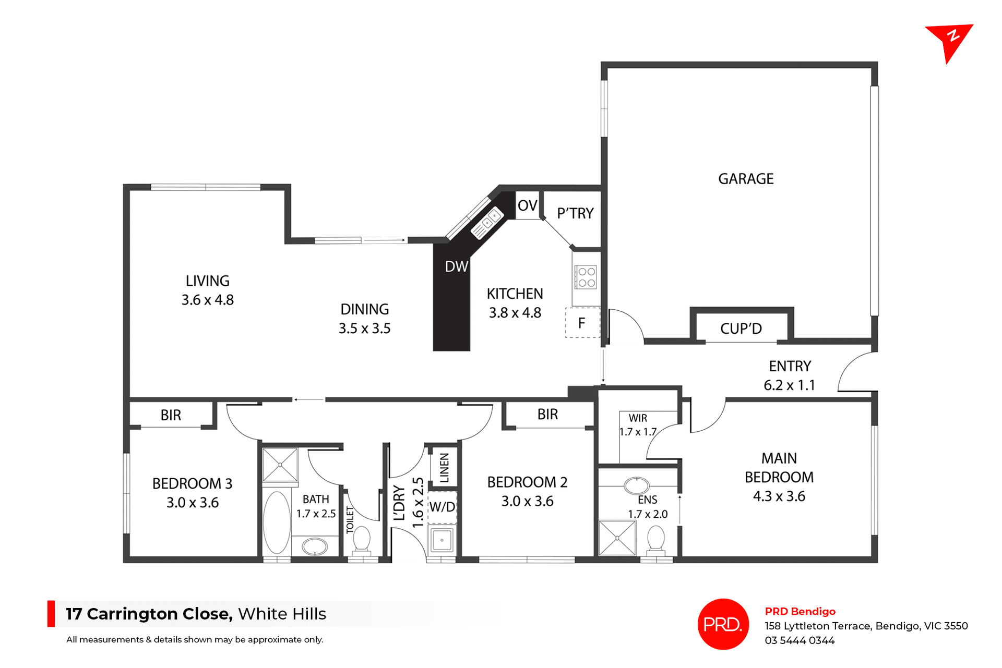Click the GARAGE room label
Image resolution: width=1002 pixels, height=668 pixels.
pyautogui.click(x=745, y=179)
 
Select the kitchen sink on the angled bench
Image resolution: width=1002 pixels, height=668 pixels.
pyautogui.click(x=487, y=223)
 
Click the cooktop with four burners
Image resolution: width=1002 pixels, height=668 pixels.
pyautogui.click(x=586, y=277)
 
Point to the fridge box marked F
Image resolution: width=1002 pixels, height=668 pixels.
pyautogui.click(x=582, y=323)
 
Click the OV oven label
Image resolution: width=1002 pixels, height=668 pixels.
pyautogui.click(x=527, y=205)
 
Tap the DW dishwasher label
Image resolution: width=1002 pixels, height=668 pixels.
pyautogui.click(x=456, y=267)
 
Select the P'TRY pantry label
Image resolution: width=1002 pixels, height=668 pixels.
pyautogui.click(x=575, y=213)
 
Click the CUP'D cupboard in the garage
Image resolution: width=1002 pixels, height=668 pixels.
pyautogui.click(x=741, y=329)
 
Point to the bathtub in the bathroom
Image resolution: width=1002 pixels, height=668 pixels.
pyautogui.click(x=277, y=523)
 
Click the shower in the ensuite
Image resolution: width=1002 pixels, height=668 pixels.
pyautogui.click(x=617, y=538)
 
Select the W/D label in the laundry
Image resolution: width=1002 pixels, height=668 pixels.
pyautogui.click(x=442, y=507)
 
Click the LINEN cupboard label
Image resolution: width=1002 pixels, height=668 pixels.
pyautogui.click(x=444, y=467)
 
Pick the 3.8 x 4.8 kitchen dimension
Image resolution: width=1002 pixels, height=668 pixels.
pyautogui.click(x=515, y=313)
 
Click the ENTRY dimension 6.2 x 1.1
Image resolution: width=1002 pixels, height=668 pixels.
pyautogui.click(x=789, y=385)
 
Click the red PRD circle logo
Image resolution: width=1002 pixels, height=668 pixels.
pyautogui.click(x=723, y=624)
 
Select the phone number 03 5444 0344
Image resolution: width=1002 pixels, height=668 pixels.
pyautogui.click(x=800, y=640)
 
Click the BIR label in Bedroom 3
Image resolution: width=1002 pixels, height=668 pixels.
pyautogui.click(x=171, y=415)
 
